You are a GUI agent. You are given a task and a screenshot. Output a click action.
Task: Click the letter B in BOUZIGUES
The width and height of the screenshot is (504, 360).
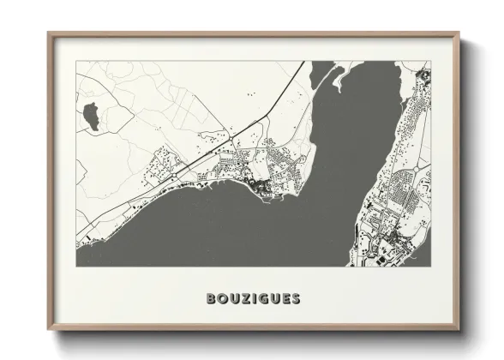[211, 299]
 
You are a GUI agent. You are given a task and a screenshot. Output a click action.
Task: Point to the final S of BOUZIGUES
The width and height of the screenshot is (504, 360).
[297, 299]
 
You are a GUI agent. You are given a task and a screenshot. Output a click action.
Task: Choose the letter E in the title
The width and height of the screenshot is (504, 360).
[286, 299]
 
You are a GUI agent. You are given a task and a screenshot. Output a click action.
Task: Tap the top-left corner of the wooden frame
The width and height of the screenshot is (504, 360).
[48, 33]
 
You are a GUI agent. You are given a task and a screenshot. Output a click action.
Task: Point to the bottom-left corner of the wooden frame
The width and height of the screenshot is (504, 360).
[48, 332]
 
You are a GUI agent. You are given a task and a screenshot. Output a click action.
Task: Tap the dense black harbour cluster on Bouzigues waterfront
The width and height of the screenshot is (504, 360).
[257, 186]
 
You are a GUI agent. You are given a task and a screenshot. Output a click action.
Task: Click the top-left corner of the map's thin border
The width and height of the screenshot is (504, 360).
[76, 61]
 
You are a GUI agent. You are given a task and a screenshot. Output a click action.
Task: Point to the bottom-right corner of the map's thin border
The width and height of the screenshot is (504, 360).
[430, 266]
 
